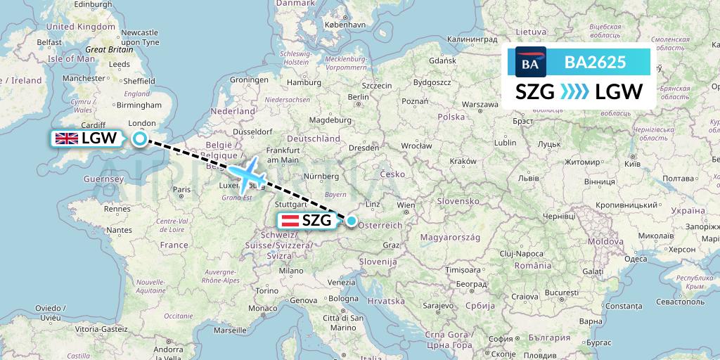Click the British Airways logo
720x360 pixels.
[x=531, y=62]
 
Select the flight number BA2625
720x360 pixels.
[x=595, y=62]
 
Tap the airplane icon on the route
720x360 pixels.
[x=246, y=175]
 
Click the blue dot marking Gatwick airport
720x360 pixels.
[x=140, y=139]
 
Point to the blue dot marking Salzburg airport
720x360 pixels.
[x=352, y=220]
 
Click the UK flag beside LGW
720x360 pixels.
[x=67, y=139]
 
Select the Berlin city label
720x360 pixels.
[x=358, y=97]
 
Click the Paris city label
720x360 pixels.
[x=182, y=189]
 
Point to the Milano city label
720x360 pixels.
[x=291, y=270]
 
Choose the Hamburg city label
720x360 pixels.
[x=304, y=82]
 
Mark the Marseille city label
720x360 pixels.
[x=231, y=330]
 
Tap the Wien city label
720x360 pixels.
[x=406, y=206]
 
